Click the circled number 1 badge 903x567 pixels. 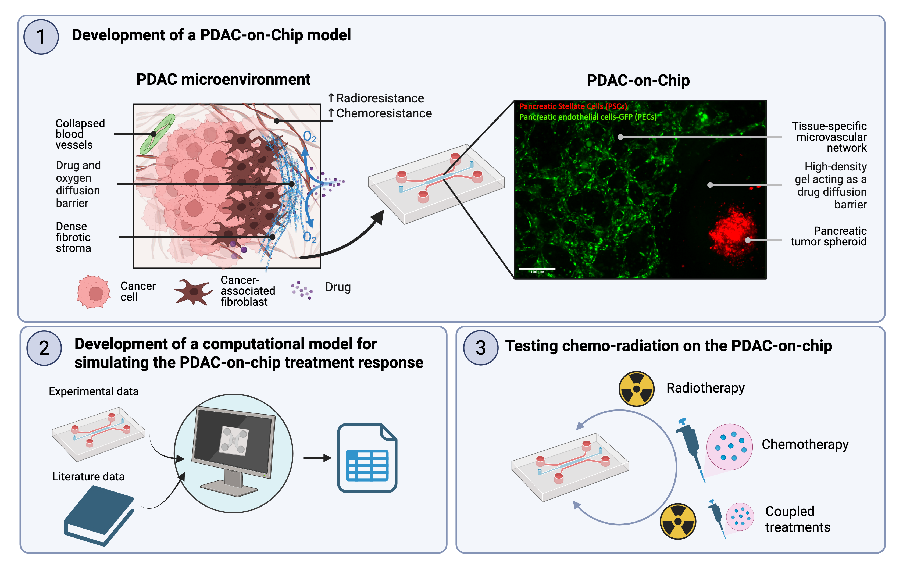pyautogui.click(x=41, y=37)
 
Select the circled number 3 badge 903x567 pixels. pyautogui.click(x=480, y=348)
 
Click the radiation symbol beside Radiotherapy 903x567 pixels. pyautogui.click(x=636, y=389)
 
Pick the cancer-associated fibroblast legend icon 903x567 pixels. pyautogui.click(x=193, y=291)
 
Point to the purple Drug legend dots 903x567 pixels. pyautogui.click(x=302, y=290)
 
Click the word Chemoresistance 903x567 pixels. pyautogui.click(x=384, y=113)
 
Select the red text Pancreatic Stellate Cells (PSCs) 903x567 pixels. pyautogui.click(x=573, y=106)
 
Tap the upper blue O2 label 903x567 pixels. pyautogui.click(x=309, y=137)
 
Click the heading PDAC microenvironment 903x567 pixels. pyautogui.click(x=223, y=80)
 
